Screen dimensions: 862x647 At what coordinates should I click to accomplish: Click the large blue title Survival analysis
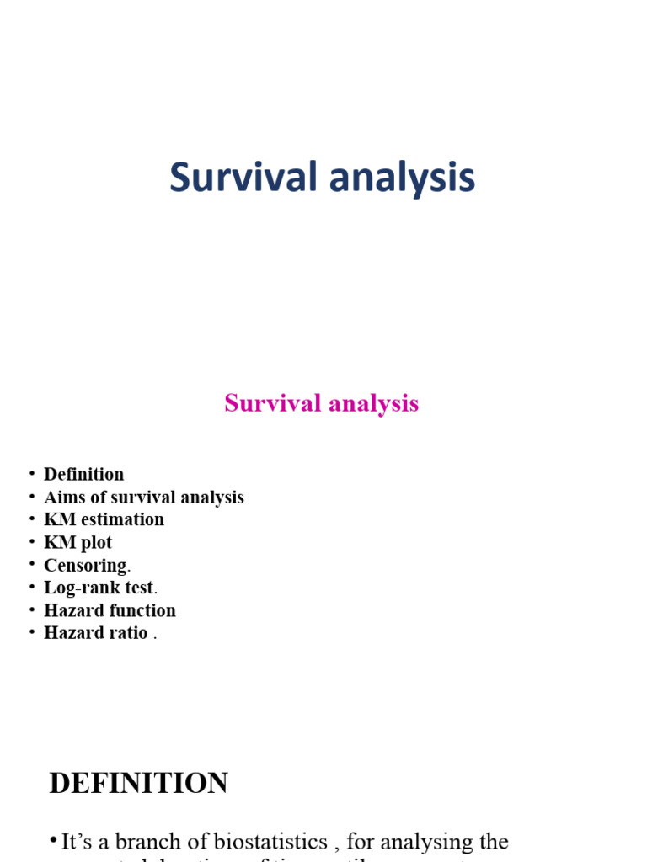click(x=322, y=178)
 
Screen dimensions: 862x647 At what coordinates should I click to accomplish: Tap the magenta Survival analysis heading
click(x=321, y=404)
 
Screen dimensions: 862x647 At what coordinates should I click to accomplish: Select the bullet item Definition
click(x=83, y=475)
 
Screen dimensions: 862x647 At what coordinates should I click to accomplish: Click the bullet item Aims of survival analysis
click(x=143, y=498)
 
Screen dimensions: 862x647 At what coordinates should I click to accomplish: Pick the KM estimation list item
click(x=104, y=520)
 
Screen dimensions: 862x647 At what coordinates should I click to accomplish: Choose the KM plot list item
click(x=78, y=543)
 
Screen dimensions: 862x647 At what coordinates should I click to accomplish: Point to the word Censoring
click(x=85, y=566)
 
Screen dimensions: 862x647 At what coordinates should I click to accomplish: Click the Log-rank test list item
click(x=99, y=588)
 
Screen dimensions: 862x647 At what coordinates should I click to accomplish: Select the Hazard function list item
click(x=110, y=610)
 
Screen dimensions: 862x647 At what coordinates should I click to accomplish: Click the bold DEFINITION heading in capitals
click(x=138, y=784)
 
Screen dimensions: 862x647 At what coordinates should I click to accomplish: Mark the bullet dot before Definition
click(x=31, y=474)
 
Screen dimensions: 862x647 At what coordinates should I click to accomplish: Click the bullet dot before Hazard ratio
click(x=31, y=632)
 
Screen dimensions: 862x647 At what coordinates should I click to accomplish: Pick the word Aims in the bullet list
click(x=62, y=498)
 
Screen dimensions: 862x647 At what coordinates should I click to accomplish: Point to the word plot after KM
click(x=95, y=543)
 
